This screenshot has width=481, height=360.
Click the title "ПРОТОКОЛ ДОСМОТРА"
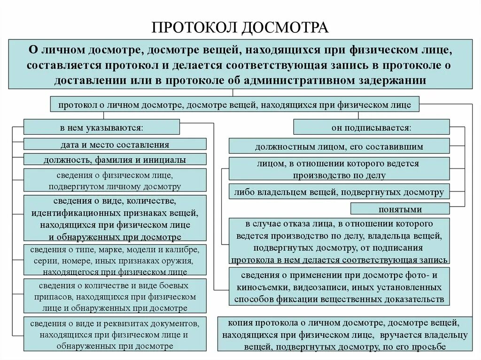point(240,27)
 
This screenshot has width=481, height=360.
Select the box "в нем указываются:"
point(101,127)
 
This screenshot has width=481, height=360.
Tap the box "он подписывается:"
point(371,127)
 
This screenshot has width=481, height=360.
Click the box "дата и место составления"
point(115,144)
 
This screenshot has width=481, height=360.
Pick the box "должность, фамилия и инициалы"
point(115,160)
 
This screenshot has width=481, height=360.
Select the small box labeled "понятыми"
point(400,209)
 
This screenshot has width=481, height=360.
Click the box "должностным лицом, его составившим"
point(339,146)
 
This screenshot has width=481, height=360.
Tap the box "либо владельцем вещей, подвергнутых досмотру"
point(340,192)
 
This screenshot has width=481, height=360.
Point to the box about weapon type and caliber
point(115,260)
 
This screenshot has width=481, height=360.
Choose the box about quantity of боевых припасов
point(115,296)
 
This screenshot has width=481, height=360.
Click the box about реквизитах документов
point(115,334)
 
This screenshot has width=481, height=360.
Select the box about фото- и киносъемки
point(339,286)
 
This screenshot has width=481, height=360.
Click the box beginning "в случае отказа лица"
point(339,241)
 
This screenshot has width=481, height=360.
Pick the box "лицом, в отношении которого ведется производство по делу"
point(339,169)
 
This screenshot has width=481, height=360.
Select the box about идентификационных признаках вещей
point(115,219)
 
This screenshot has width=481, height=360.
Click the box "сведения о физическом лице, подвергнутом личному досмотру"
point(115,181)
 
